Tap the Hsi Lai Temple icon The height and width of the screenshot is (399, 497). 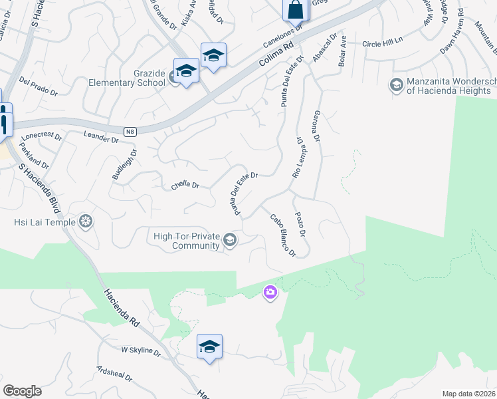[86, 221]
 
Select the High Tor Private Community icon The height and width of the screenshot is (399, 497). [230, 240]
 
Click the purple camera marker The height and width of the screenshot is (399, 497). [270, 292]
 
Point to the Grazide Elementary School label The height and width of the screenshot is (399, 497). [127, 78]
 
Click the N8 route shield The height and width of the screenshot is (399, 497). [130, 132]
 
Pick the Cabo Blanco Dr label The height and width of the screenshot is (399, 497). [282, 235]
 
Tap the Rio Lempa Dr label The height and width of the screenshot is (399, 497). [298, 158]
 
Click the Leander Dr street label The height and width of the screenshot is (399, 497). [101, 138]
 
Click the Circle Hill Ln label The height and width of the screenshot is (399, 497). [383, 43]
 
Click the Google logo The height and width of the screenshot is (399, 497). [22, 391]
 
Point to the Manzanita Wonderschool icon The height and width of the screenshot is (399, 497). [396, 84]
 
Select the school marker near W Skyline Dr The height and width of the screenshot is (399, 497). [209, 347]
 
